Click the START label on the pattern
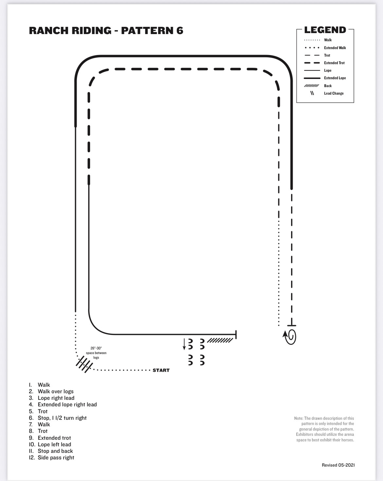pos(161,370)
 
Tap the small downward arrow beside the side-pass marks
pos(184,344)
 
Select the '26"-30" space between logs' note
pos(96,353)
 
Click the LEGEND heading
pos(325,30)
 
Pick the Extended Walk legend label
pos(335,48)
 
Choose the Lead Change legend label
pos(334,93)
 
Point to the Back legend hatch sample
pos(312,85)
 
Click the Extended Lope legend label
pos(335,78)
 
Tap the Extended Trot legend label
pos(334,63)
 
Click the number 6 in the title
pos(180,31)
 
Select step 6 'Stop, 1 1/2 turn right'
pos(58,418)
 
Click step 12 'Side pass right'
pos(51,457)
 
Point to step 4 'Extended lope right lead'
pos(63,404)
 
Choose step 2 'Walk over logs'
pos(51,391)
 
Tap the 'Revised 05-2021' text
pos(338,465)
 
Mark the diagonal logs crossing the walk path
pos(84,364)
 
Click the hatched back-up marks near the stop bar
pos(220,341)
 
